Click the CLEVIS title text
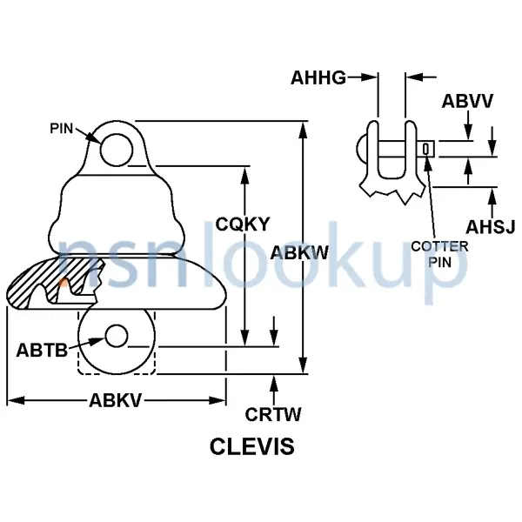pos(252,447)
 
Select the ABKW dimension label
pos(299,253)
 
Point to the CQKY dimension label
pos(244,224)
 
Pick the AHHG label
pos(318,78)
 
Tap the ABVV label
pos(468,102)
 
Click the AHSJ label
pos(491,228)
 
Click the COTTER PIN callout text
pos(439,253)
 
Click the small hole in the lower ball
pos(116,335)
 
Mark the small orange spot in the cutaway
pos(63,282)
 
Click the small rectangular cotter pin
pos(425,150)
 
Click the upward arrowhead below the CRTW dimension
pos(275,380)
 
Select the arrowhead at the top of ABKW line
pos(303,129)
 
